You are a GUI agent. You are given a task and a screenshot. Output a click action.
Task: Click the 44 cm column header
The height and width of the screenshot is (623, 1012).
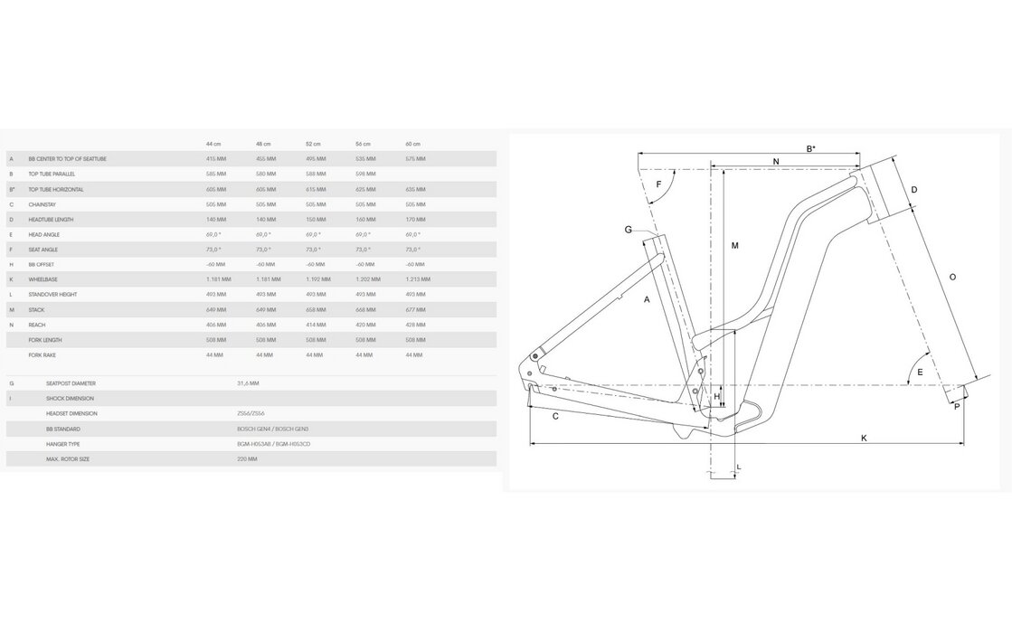213,144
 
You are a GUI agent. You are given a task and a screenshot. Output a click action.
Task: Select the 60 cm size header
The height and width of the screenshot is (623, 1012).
413,144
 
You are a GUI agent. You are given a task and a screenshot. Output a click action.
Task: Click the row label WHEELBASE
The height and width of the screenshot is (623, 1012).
44,279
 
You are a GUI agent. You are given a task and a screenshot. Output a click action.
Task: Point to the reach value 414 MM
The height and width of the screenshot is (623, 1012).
315,325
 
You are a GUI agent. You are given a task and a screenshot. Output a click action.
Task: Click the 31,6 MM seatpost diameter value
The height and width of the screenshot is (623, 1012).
248,383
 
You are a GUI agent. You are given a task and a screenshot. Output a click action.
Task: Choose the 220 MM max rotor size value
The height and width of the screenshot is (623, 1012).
246,459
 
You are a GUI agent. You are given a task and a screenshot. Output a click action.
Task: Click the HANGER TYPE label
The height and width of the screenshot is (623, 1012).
62,444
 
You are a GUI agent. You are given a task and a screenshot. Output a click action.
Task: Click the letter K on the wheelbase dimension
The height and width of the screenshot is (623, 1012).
864,438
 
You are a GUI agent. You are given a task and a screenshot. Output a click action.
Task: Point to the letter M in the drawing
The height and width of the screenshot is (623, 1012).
735,246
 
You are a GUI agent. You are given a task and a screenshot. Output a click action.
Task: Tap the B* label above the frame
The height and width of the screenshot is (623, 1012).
811,148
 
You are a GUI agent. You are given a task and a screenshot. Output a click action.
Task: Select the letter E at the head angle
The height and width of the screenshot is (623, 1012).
920,373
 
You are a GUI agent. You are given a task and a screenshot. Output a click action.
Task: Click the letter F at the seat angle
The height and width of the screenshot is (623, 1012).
658,184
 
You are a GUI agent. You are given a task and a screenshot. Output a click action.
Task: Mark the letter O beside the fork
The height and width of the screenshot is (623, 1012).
952,277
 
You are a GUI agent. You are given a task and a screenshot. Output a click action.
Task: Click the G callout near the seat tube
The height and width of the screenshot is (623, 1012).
628,230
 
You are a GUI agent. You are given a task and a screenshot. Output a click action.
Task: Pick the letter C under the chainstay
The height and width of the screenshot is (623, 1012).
554,416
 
